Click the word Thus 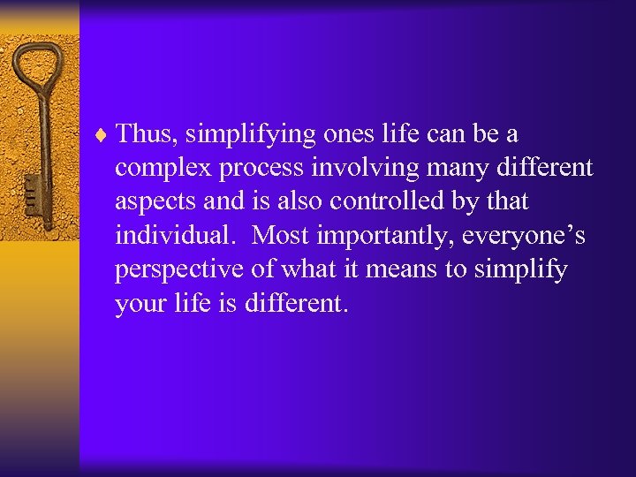click(147, 134)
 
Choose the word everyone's click(523, 237)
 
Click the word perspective click(178, 270)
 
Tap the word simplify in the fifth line click(520, 269)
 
